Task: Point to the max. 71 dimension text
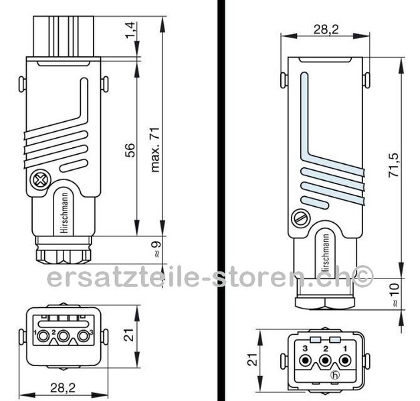pos(156,147)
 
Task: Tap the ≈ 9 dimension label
pos(156,250)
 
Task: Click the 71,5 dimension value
pos(395,163)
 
